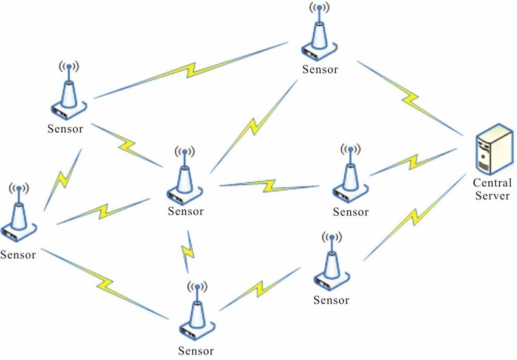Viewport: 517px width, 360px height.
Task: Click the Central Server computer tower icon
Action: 491,149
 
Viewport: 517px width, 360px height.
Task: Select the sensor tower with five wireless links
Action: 184,176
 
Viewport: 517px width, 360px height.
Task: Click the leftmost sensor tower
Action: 19,214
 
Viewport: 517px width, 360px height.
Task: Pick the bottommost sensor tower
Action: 196,313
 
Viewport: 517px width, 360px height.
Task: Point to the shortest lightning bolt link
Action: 189,249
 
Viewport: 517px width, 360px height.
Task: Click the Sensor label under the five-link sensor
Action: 187,212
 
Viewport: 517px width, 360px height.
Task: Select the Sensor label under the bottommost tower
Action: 196,351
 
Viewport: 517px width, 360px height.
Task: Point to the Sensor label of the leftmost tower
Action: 18,254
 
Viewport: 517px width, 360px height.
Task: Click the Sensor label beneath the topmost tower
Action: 320,69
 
